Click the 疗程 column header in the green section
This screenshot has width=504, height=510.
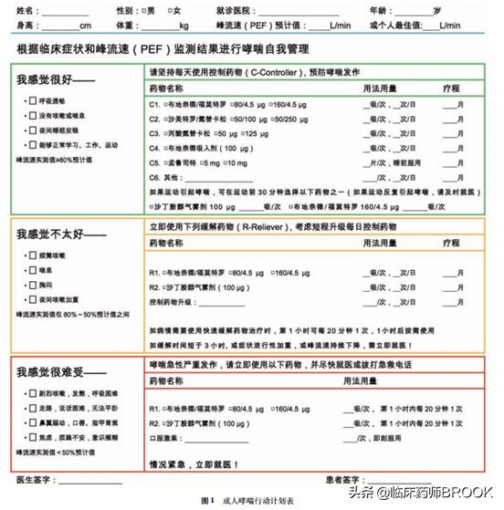tap(450, 88)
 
